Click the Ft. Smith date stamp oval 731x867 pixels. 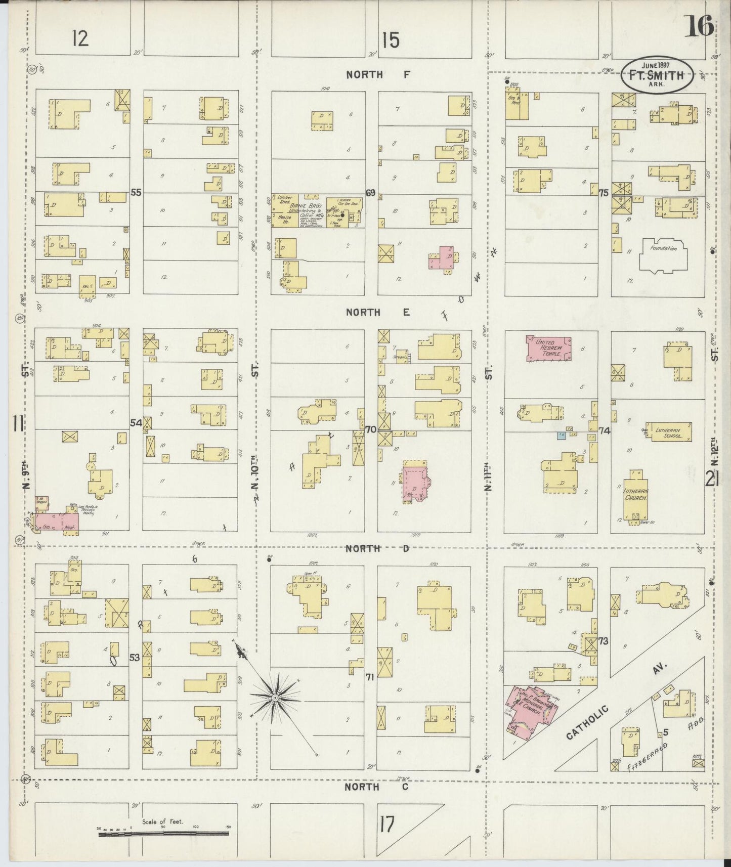(656, 75)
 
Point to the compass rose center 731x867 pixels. (275, 698)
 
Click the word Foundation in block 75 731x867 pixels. (664, 248)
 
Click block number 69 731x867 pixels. (371, 193)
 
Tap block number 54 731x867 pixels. (136, 423)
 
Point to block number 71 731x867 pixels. (370, 677)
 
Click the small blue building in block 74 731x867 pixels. (561, 435)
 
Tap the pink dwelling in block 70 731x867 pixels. (414, 481)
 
